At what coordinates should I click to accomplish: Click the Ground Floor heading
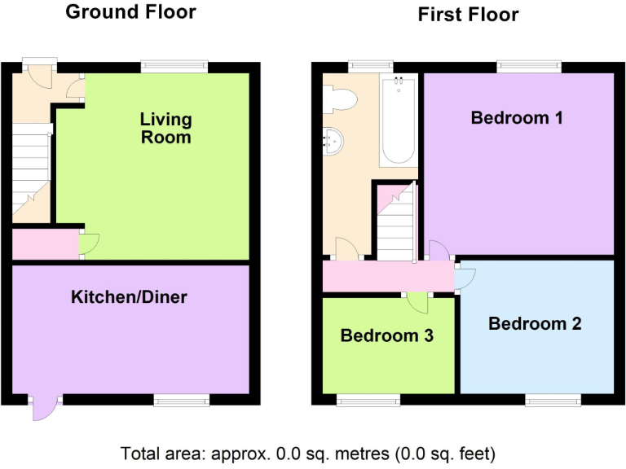click(x=130, y=12)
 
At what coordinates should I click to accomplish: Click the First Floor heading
click(x=468, y=15)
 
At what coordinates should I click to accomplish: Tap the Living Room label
click(x=165, y=128)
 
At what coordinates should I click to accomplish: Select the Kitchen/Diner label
click(x=129, y=297)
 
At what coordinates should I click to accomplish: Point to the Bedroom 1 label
click(x=517, y=118)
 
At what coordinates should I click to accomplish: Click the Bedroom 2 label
click(x=535, y=323)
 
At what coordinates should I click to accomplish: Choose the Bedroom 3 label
click(x=386, y=335)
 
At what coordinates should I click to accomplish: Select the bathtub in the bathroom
click(x=399, y=120)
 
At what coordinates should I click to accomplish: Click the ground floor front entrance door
click(x=38, y=76)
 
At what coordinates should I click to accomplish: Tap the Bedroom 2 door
click(x=464, y=278)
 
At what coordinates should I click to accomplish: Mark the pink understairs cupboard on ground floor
click(x=46, y=244)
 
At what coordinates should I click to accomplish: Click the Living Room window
click(x=174, y=67)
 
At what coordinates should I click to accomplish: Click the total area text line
click(x=308, y=453)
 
